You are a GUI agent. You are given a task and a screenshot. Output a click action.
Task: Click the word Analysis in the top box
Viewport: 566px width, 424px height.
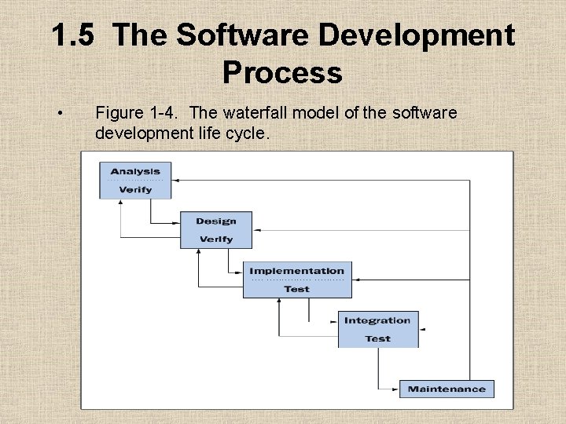tap(135, 171)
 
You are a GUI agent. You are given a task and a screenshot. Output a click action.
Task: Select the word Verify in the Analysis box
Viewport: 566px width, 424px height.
tap(135, 190)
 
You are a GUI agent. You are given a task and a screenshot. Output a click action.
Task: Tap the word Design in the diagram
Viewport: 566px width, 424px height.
tap(215, 221)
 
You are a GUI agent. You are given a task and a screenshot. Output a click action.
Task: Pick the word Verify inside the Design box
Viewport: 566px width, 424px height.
tap(215, 239)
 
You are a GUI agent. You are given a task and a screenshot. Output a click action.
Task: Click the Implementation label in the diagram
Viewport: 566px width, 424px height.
tap(296, 271)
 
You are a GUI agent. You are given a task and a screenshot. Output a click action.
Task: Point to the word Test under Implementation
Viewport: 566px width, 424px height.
tap(296, 289)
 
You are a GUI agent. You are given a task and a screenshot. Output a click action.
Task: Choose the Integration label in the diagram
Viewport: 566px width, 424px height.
tap(377, 320)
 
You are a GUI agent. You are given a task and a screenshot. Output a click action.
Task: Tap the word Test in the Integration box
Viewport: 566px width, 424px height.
tap(377, 339)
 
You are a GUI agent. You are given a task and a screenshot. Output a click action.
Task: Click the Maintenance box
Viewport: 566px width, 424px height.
tap(447, 389)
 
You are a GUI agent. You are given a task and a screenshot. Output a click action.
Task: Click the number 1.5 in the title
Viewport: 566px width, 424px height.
tap(76, 36)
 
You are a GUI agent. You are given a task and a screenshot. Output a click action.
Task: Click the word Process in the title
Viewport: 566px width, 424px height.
tap(282, 73)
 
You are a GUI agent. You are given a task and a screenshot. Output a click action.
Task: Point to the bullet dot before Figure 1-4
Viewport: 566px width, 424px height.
tap(60, 114)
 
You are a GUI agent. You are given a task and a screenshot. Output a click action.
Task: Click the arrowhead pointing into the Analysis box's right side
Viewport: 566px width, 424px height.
tap(175, 180)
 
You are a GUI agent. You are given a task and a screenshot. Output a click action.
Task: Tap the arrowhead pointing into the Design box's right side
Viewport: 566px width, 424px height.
tap(256, 230)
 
